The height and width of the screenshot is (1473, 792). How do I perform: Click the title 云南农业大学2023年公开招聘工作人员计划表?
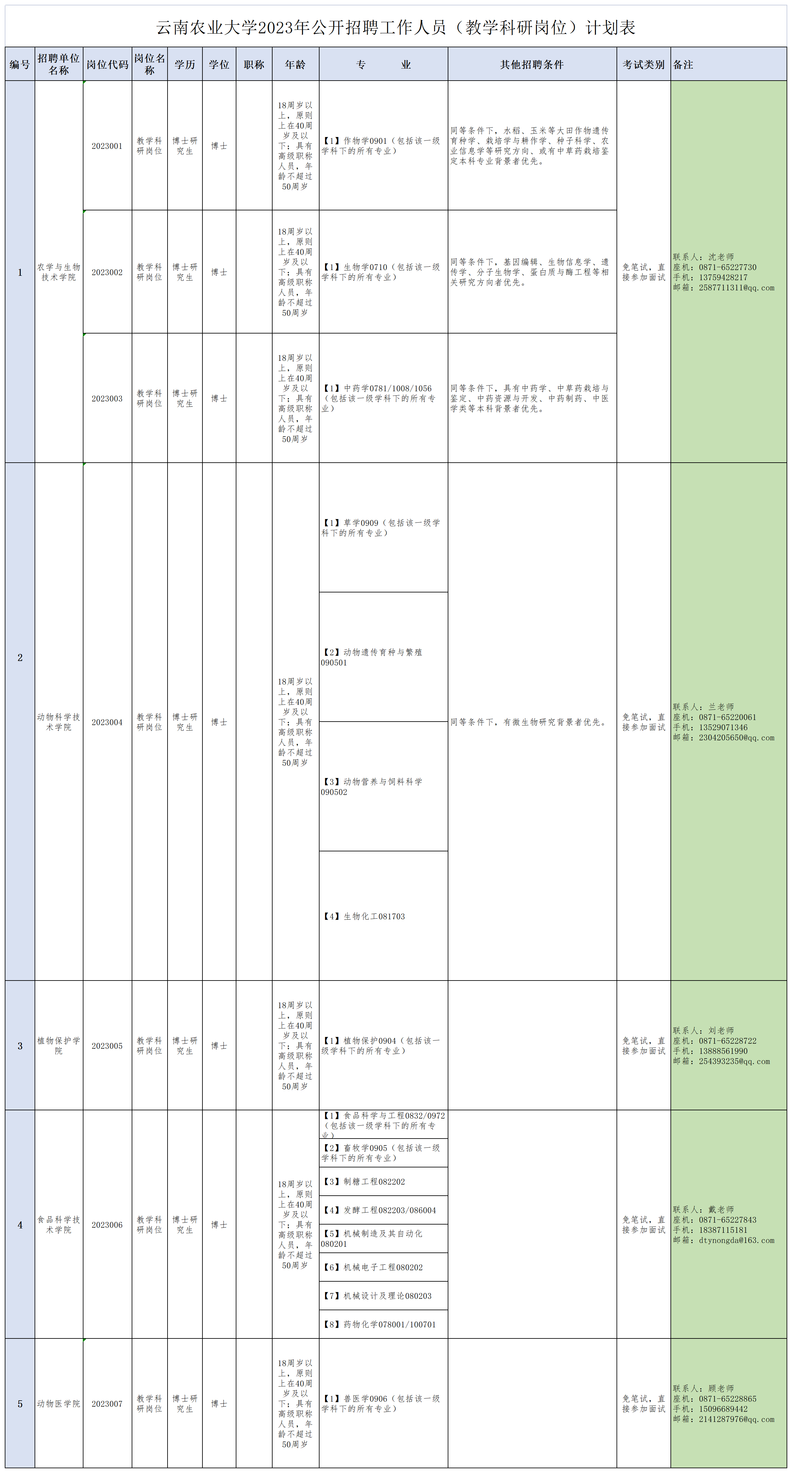(x=396, y=27)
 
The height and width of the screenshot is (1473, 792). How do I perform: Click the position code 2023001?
(x=107, y=146)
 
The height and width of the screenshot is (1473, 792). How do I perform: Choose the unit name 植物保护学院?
(x=59, y=1046)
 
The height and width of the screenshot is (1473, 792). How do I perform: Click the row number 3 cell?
(x=20, y=1046)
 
